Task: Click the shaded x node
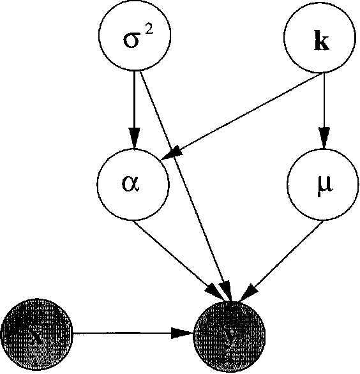pos(38,333)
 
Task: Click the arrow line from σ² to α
pos(134,102)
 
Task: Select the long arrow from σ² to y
pos(185,185)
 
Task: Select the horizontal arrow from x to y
pos(128,333)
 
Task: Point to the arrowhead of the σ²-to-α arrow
pos(134,140)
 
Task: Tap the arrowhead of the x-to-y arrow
pos(185,333)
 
